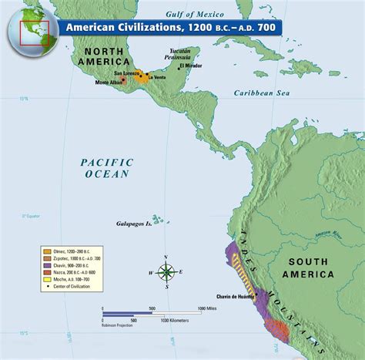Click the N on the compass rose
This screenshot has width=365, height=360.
point(166,257)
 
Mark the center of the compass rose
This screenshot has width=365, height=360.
point(166,271)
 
